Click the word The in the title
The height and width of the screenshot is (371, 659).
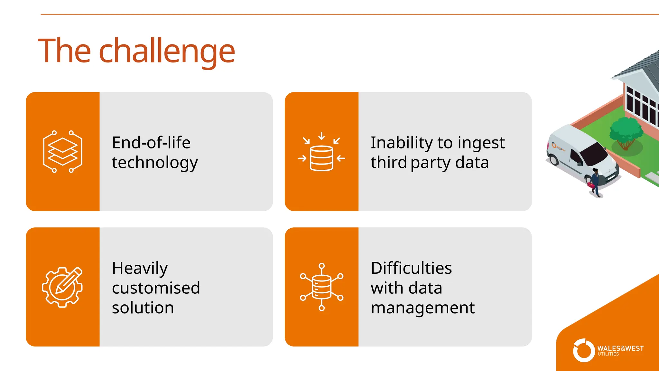pyautogui.click(x=64, y=51)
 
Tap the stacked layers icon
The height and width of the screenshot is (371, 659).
pyautogui.click(x=62, y=151)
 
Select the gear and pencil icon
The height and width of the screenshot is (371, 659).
pyautogui.click(x=62, y=287)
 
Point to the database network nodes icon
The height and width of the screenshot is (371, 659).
pyautogui.click(x=321, y=287)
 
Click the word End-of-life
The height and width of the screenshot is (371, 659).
pyautogui.click(x=151, y=142)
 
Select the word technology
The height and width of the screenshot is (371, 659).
pyautogui.click(x=155, y=163)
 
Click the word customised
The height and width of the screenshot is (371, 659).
pyautogui.click(x=156, y=288)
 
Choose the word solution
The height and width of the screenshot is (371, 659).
pyautogui.click(x=143, y=308)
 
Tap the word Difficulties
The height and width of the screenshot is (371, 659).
pyautogui.click(x=411, y=268)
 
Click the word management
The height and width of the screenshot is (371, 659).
pyautogui.click(x=422, y=308)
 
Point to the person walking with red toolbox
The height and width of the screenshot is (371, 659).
pyautogui.click(x=595, y=182)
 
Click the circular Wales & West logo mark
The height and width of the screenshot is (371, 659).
pyautogui.click(x=583, y=350)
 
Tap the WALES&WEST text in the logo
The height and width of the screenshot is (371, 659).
pyautogui.click(x=620, y=348)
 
